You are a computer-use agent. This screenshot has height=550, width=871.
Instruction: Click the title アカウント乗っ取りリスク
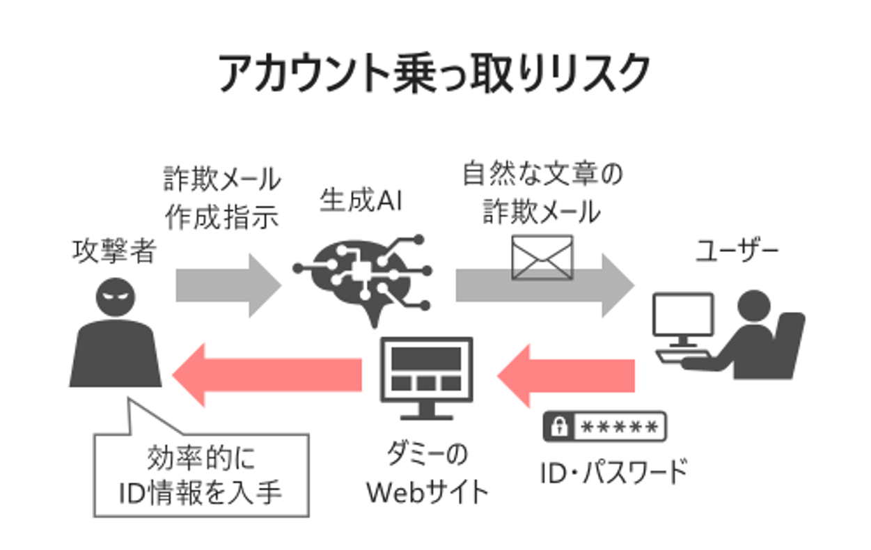pos(434,72)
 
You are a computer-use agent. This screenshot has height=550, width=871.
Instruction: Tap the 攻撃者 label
pos(114,252)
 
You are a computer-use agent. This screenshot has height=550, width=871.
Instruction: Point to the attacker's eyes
pos(116,294)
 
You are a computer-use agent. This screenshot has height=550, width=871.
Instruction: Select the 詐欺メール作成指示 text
pos(222,198)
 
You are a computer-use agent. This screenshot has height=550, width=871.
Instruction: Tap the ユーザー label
pos(737,252)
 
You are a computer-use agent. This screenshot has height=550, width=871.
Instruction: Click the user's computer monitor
pos(683,317)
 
